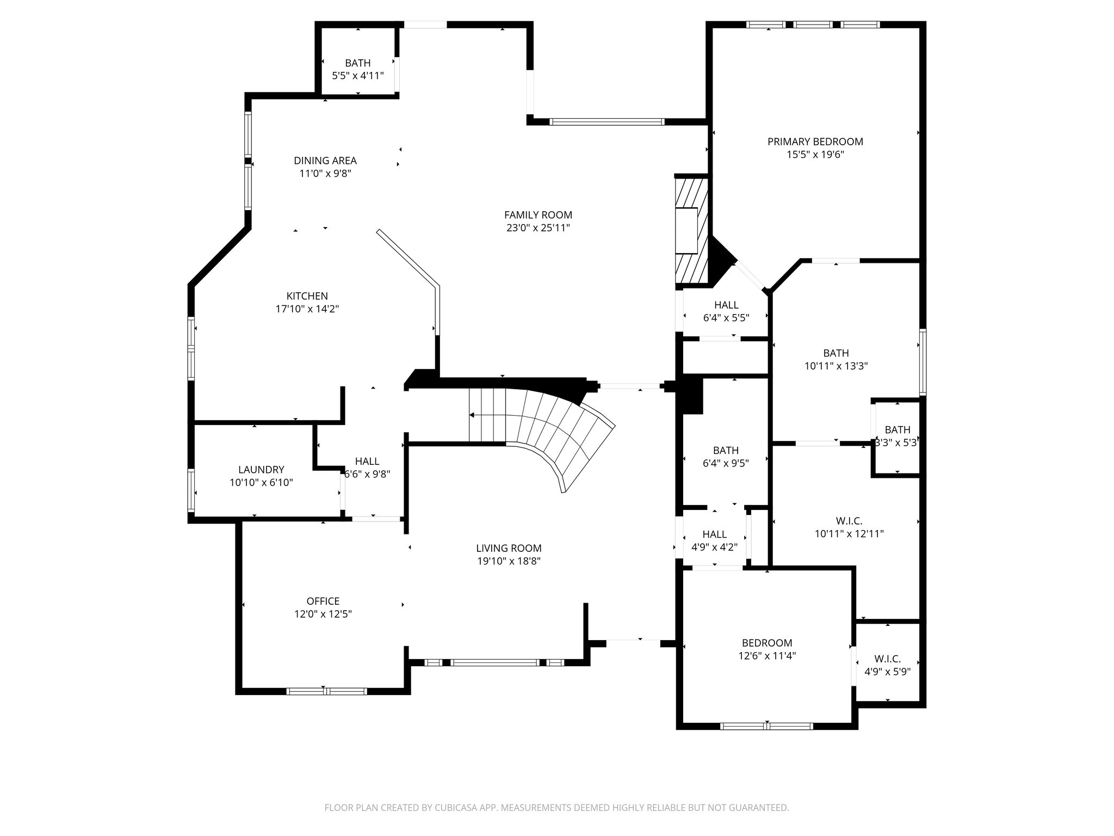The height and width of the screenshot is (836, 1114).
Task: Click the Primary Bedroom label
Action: pyautogui.click(x=815, y=142)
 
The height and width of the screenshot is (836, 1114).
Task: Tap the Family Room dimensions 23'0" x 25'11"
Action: pyautogui.click(x=538, y=228)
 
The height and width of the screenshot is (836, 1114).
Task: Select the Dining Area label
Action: pyautogui.click(x=325, y=161)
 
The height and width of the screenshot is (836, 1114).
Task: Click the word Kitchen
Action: pyautogui.click(x=307, y=296)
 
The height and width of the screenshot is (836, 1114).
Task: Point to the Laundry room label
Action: pyautogui.click(x=261, y=470)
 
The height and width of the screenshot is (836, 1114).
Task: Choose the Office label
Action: pyautogui.click(x=323, y=601)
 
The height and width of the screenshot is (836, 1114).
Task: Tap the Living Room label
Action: pyautogui.click(x=509, y=549)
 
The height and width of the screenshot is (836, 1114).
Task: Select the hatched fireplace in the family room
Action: pyautogui.click(x=692, y=231)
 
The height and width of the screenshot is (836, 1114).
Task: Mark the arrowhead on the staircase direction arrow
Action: pyautogui.click(x=472, y=415)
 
